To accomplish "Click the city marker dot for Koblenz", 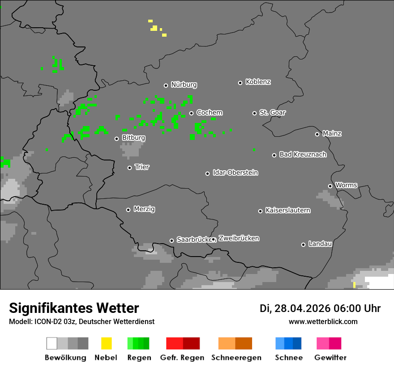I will pos(240,83).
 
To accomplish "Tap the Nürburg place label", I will pos(184,84).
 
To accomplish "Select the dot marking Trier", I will pos(130,168).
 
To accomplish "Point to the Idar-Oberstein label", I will pos(236,173).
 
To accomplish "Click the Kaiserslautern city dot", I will pos(260,211).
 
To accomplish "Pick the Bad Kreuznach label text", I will pos(303,155).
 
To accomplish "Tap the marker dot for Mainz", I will pos(317,134).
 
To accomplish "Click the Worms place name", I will pos(346,185).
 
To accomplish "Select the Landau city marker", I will pos(303,245).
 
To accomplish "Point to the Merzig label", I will pos(144,209).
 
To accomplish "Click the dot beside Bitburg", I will pos(116,139).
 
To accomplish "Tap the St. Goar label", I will pos(272,113).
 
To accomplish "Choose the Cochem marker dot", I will pos(191,113).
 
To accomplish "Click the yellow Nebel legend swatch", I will pos(106,343).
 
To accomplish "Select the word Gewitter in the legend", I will pos(330,358).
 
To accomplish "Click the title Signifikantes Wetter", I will pos(74,308).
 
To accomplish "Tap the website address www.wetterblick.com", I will pos(323,322).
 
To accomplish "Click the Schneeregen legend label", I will pos(236,358).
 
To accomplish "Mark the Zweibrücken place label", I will pos(239,238).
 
